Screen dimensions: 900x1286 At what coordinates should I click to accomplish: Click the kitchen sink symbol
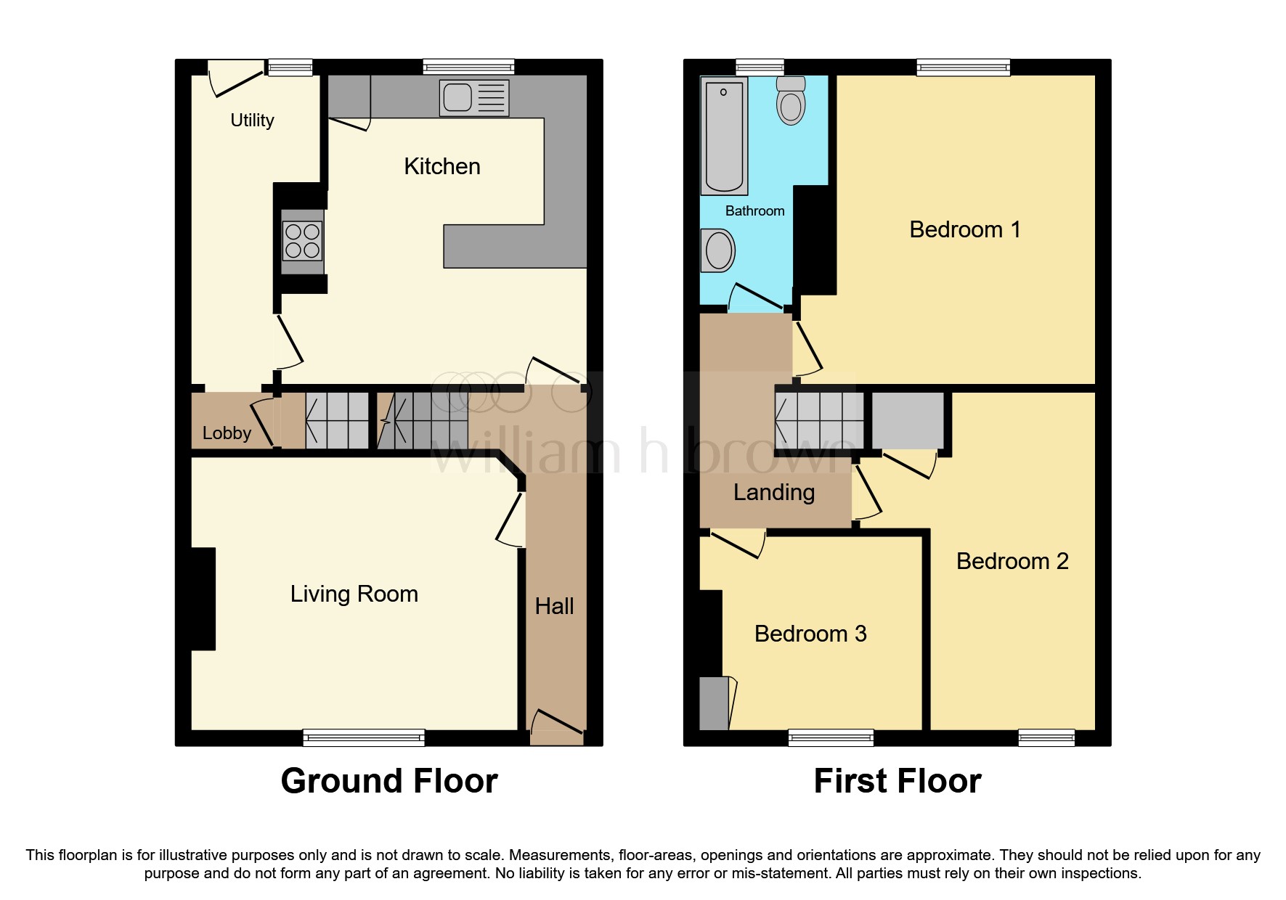coord(473,97)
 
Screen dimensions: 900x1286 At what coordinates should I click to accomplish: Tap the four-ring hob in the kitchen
coord(302,241)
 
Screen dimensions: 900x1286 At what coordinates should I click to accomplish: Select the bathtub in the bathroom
coord(724,136)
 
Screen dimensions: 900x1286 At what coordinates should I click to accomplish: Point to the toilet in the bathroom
coord(791,102)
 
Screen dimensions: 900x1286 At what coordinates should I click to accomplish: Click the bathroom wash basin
coord(718,250)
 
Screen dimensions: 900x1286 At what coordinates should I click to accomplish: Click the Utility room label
coord(252,120)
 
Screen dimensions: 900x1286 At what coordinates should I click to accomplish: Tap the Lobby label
coord(227,433)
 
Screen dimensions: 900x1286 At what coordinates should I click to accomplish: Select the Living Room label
coord(354,594)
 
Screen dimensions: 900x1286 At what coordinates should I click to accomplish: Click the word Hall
coord(554,606)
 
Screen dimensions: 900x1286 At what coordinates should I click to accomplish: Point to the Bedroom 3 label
coord(810,634)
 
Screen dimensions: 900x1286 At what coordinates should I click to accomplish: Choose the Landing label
coord(773,492)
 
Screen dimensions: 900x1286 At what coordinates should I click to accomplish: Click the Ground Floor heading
coord(389,781)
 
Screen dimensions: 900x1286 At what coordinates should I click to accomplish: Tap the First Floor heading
coord(897,781)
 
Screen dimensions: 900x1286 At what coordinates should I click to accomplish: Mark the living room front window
coord(364,738)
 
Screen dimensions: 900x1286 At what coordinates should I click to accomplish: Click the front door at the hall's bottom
coord(557,729)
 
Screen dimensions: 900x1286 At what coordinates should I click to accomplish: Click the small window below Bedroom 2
coord(1046,738)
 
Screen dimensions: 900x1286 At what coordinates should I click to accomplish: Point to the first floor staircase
coord(819,421)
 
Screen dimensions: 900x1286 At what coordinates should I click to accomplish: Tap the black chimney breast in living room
coord(203,599)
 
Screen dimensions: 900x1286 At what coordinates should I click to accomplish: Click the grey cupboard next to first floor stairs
coord(907,421)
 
